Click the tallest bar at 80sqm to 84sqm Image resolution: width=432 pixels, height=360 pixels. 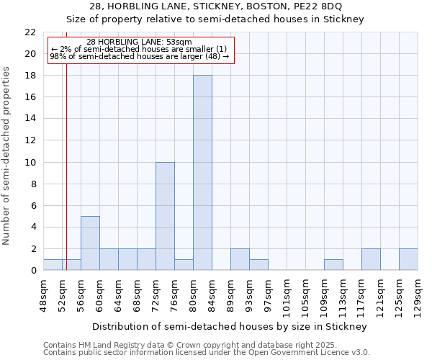tap(202, 173)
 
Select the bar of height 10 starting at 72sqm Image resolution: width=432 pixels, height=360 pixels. tap(165, 216)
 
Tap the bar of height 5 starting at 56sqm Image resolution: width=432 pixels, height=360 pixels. tap(90, 243)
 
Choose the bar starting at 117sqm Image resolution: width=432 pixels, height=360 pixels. tap(371, 259)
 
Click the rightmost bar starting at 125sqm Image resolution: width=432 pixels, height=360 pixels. tap(408, 259)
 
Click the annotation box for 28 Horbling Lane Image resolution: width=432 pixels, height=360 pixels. tap(141, 50)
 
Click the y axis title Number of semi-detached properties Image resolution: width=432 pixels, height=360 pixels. tap(6, 156)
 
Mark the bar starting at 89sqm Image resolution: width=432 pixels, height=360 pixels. tap(240, 259)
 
